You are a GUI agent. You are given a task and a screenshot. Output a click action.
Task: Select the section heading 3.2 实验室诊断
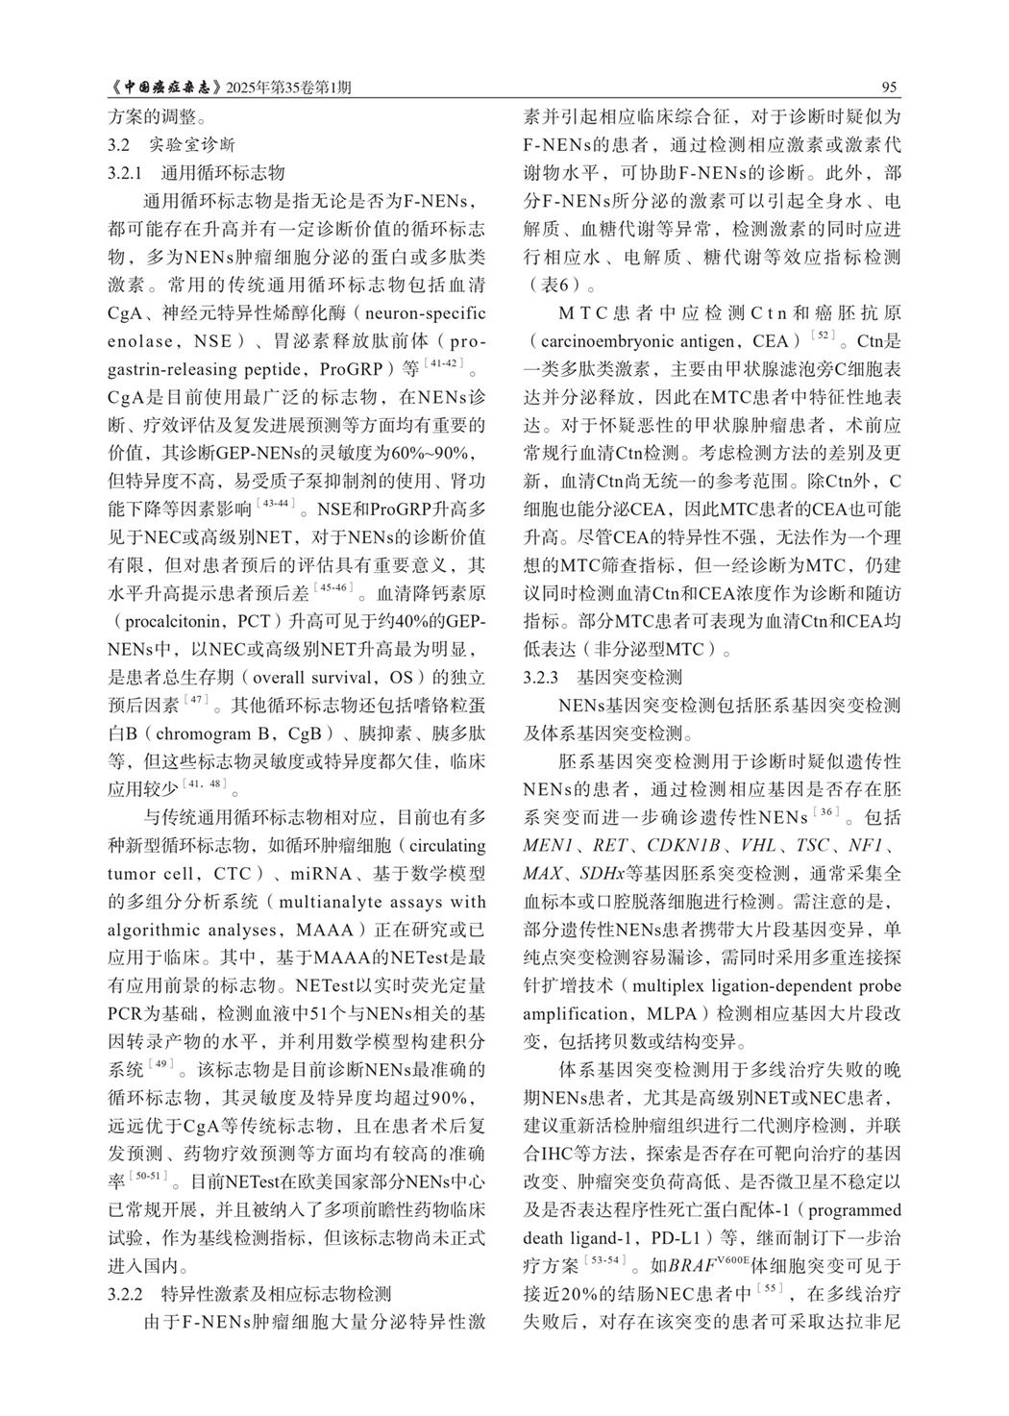[170, 146]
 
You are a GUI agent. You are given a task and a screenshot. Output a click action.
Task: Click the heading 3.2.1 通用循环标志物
[196, 174]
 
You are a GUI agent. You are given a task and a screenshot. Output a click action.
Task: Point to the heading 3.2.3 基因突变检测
[603, 677]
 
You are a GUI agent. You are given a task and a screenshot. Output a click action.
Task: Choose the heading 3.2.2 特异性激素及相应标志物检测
[249, 1293]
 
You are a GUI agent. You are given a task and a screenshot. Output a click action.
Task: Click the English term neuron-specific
[426, 313]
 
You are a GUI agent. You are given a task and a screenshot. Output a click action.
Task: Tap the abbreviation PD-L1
[671, 1237]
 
